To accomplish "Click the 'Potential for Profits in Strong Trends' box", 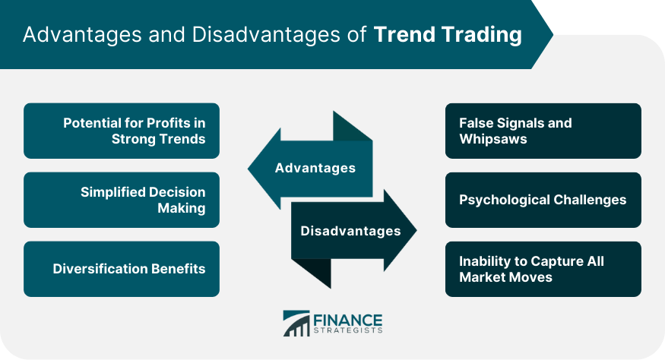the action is [122, 131].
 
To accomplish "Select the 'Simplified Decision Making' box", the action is [122, 200].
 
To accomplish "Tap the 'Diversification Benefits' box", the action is [122, 269].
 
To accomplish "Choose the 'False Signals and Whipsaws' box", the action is [543, 131].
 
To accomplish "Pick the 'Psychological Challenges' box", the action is [543, 200].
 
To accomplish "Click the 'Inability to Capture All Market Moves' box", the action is [543, 269].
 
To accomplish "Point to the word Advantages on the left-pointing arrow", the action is [315, 168].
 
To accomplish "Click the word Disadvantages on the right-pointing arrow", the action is [350, 231].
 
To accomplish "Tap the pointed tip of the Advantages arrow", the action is [249, 169].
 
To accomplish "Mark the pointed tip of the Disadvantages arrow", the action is [416, 230].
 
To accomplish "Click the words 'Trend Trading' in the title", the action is [448, 35].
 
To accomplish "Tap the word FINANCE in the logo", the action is [348, 321].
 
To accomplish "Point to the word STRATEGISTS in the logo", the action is [348, 330].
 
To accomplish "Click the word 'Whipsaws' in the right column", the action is [493, 139].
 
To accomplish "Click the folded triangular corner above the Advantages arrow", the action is [349, 128].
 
